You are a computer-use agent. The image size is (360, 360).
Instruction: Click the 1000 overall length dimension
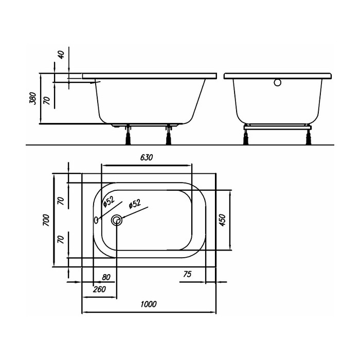point(149,304)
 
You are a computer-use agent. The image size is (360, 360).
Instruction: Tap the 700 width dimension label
point(46,220)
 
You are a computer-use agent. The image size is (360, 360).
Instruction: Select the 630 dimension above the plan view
point(147,157)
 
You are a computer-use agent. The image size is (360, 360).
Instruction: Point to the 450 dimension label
point(223,220)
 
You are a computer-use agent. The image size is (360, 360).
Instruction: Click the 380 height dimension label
point(33,99)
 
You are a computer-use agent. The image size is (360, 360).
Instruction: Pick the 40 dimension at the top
point(62,55)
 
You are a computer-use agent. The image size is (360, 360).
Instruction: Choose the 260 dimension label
point(99,289)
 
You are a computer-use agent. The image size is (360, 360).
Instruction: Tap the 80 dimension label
point(106,277)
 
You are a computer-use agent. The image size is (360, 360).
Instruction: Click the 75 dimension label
point(187,274)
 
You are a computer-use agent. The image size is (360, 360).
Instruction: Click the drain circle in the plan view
point(117,221)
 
